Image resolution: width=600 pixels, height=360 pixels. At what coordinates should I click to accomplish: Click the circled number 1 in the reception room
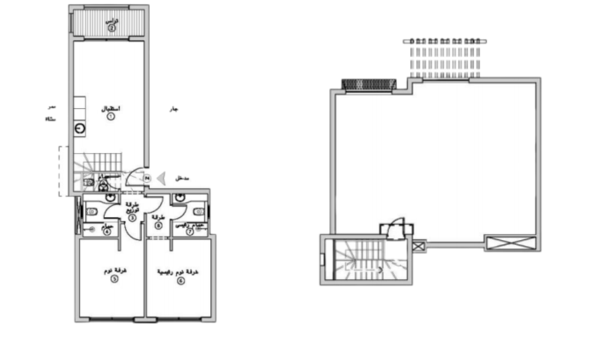tap(111, 117)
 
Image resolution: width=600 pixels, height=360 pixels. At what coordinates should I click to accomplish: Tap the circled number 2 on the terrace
tap(111, 28)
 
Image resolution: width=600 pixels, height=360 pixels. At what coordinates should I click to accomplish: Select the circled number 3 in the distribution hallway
tap(132, 218)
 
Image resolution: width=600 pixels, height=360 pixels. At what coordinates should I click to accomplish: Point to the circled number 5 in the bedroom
tap(114, 279)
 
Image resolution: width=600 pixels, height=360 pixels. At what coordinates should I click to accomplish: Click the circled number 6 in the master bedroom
tap(180, 281)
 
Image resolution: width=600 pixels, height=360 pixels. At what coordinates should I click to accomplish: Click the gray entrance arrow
tap(163, 178)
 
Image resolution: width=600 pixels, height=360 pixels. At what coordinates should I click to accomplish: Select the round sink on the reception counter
tap(80, 129)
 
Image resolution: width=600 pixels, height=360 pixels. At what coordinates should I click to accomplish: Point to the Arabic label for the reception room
tap(111, 108)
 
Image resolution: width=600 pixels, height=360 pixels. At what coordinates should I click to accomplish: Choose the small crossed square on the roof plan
tap(418, 246)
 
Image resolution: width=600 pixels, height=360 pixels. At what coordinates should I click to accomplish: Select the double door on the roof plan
tap(396, 228)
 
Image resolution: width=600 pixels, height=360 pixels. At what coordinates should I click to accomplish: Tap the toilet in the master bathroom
tap(198, 211)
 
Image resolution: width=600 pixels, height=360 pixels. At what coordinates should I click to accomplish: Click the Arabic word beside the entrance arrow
tap(181, 178)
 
